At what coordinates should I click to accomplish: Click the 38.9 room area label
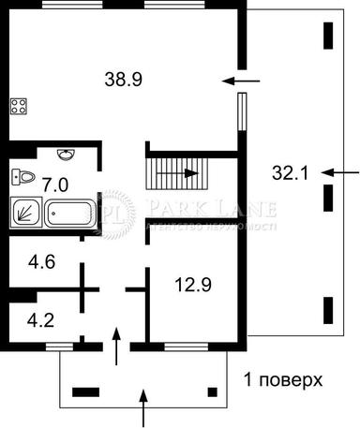tap(123, 81)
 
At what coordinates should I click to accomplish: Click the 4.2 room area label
tap(41, 320)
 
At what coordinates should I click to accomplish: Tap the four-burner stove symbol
tap(19, 106)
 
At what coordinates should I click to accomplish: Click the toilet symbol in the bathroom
tap(24, 175)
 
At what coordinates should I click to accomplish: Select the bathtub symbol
tap(69, 213)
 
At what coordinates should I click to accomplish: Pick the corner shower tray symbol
tap(25, 212)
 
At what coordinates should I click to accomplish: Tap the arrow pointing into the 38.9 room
tap(240, 81)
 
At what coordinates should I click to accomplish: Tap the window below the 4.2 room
tap(59, 347)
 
